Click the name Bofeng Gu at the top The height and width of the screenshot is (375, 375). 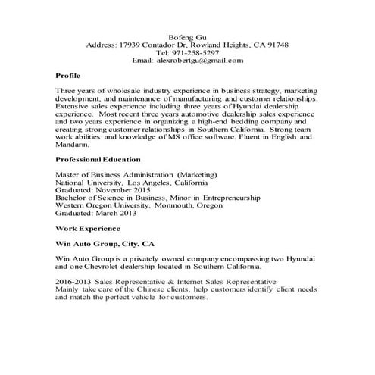tap(187, 36)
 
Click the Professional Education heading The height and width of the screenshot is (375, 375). tap(98, 159)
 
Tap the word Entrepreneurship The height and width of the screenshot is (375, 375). tap(224, 197)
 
